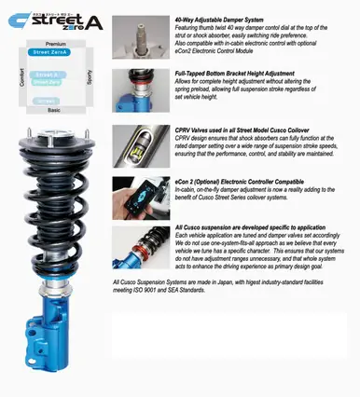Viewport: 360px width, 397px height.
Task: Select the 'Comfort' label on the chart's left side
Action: coord(21,77)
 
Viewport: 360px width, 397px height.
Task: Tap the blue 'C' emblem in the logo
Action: coord(16,16)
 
